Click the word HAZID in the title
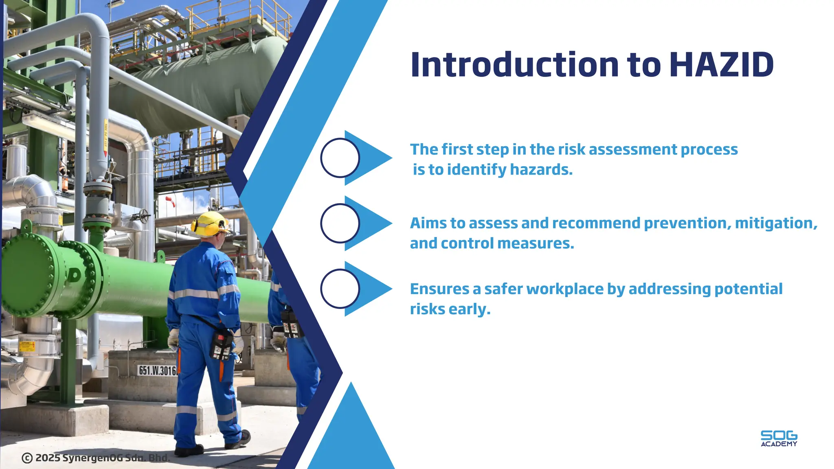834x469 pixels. [x=721, y=65]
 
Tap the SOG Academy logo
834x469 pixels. [x=779, y=438]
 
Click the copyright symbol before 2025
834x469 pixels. [x=27, y=458]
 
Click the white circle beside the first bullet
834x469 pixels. [x=340, y=158]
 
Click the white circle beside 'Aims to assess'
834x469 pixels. [x=340, y=223]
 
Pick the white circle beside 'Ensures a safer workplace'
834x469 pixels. [x=340, y=289]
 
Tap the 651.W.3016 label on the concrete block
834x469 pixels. [x=157, y=370]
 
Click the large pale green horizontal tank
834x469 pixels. [x=204, y=81]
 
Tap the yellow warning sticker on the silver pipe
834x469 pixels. [x=27, y=346]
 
